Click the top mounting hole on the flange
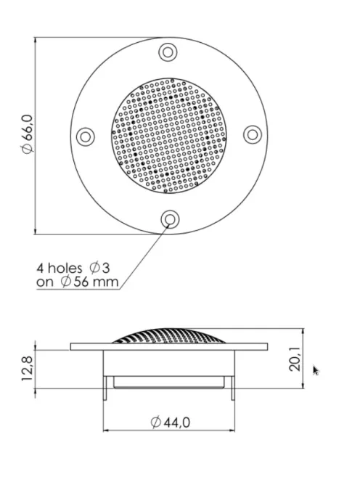(168, 52)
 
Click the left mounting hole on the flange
(85, 136)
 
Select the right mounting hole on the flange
(252, 134)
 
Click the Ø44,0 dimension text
(171, 422)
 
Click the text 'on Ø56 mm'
(77, 282)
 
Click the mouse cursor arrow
(315, 370)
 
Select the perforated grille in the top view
(168, 136)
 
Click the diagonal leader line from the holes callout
(145, 254)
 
